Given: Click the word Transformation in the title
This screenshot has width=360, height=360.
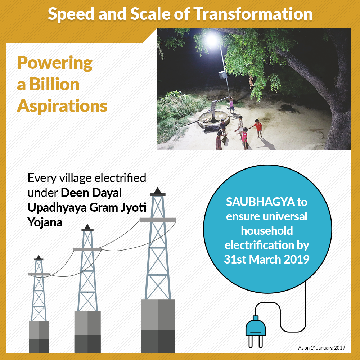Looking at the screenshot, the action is point(253,14).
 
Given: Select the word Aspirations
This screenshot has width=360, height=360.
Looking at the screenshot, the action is point(62,106).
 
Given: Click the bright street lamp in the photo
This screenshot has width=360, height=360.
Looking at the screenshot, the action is point(211,40).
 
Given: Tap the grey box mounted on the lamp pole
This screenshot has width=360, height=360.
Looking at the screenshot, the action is point(222,75).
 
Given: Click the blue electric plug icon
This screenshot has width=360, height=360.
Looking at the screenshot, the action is point(256,328).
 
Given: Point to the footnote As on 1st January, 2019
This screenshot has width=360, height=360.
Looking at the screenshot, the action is point(321,348).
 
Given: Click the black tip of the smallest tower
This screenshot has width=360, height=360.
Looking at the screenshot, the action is point(39,258).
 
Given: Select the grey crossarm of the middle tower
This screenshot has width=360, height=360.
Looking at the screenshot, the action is point(87,249).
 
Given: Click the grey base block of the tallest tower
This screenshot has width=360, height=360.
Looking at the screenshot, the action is point(158,326).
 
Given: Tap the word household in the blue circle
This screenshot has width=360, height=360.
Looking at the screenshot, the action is point(267,230).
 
